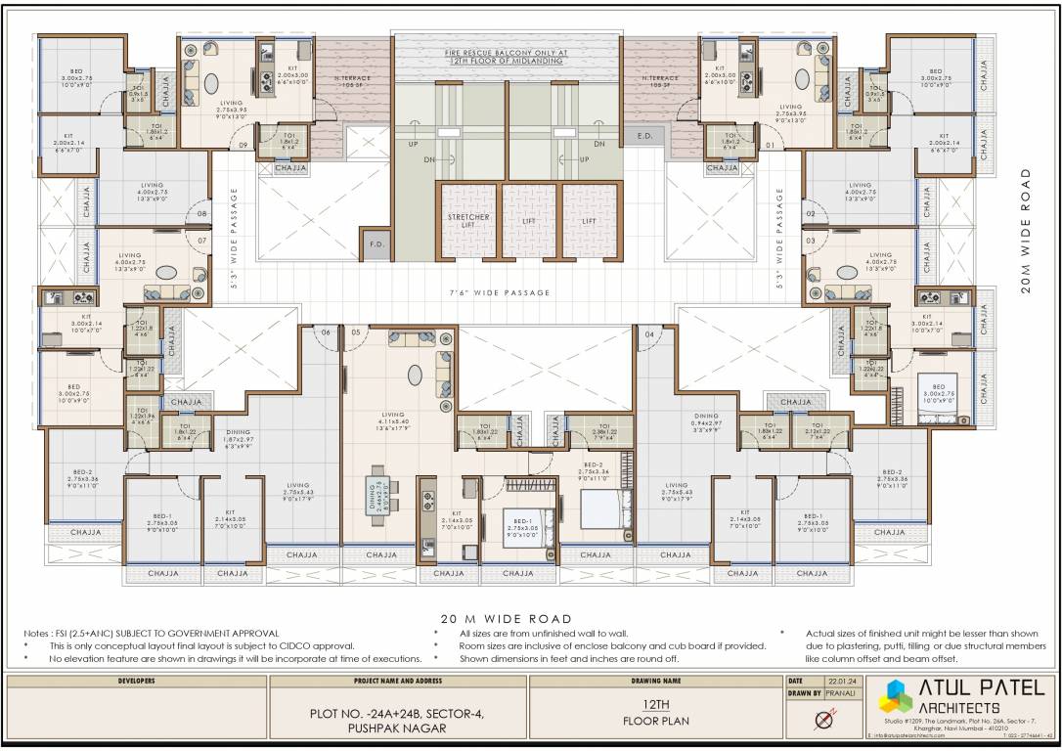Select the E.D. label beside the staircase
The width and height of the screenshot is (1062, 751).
click(x=644, y=136)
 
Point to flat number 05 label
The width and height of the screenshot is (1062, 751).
click(x=355, y=332)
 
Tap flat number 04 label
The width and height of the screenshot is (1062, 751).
click(x=648, y=333)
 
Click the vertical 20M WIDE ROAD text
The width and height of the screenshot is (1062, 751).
click(x=1024, y=229)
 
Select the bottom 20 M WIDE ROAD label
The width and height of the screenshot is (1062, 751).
click(x=507, y=619)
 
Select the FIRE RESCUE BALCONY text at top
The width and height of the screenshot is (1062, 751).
click(x=508, y=51)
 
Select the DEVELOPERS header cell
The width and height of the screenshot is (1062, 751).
click(x=136, y=680)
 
